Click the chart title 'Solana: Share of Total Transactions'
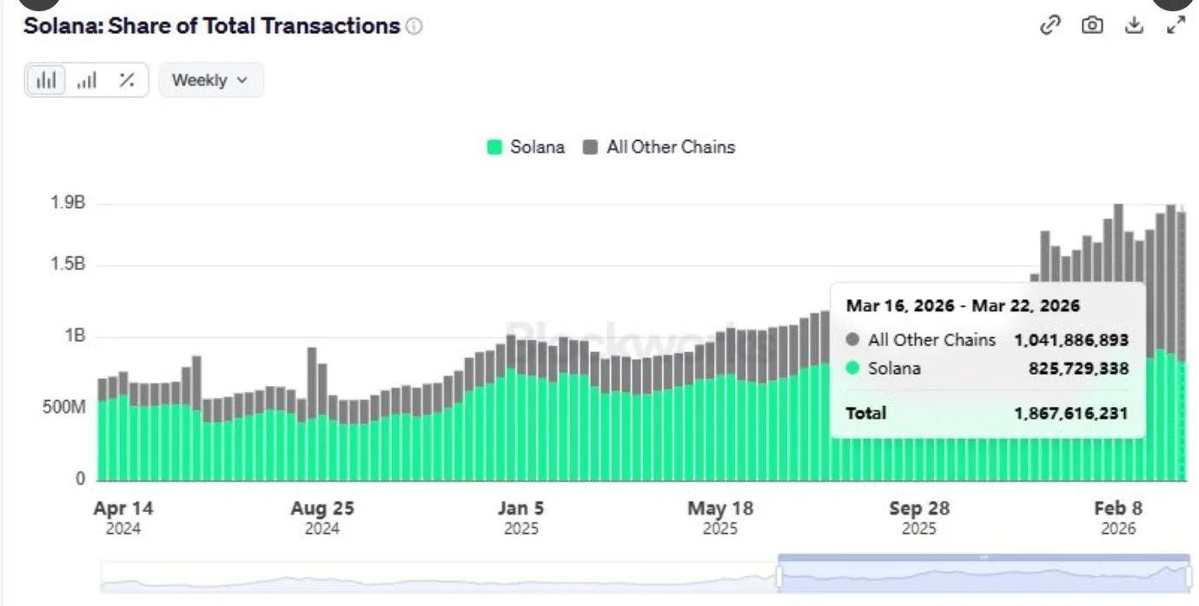211,26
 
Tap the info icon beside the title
414,27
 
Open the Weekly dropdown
210,80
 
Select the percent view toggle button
127,80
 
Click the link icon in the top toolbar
1050,25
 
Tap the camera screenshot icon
1092,25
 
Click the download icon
1134,25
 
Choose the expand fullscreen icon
1176,25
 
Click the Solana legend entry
526,147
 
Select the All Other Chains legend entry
659,147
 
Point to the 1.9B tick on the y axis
67,204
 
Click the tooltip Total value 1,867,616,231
1070,413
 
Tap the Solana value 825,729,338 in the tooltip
1076,369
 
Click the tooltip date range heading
963,306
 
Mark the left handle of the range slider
779,576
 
